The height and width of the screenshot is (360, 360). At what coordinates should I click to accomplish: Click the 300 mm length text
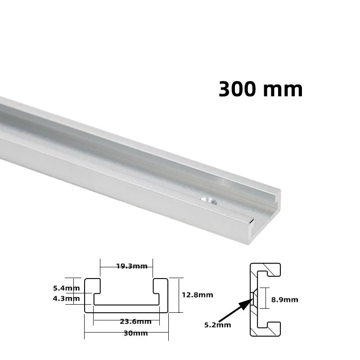click(x=261, y=89)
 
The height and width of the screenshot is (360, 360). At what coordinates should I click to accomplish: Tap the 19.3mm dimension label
click(x=131, y=266)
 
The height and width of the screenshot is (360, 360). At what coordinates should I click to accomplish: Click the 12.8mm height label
click(x=197, y=295)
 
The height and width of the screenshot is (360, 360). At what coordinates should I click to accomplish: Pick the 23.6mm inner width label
click(x=135, y=321)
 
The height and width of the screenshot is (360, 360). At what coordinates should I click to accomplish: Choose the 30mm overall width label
click(x=135, y=333)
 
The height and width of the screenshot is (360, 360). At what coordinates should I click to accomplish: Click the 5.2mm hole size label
click(x=217, y=325)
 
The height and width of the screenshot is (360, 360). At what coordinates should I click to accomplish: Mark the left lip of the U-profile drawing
click(x=93, y=288)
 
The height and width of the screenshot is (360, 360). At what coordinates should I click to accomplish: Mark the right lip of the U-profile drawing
click(x=161, y=288)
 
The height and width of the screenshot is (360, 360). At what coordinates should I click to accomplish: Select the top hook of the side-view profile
click(x=270, y=269)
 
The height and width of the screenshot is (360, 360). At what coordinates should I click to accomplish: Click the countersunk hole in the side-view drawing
click(x=253, y=297)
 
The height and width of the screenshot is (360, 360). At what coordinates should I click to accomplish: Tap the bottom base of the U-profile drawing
click(x=126, y=309)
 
